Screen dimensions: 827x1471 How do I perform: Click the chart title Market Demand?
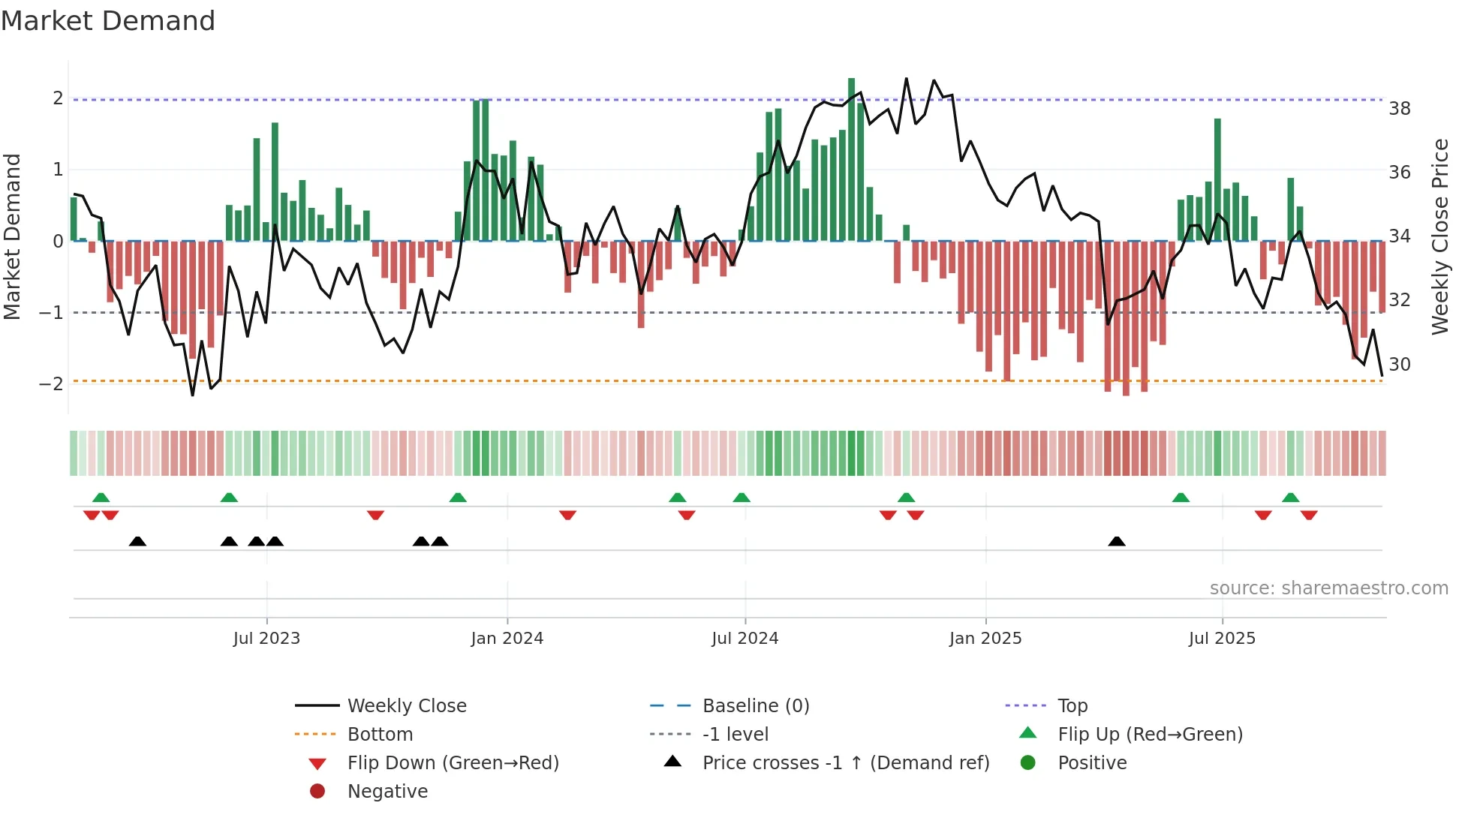click(108, 21)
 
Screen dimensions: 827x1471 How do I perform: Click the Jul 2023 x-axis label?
click(266, 639)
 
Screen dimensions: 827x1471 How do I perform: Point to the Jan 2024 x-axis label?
click(507, 639)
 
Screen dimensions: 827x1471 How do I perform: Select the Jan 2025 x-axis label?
click(985, 639)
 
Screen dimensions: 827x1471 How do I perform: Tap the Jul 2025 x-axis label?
click(1222, 639)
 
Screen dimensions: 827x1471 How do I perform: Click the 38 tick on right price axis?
click(1400, 109)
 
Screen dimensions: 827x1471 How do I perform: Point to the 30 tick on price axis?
click(1400, 365)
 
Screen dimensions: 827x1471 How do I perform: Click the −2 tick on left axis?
click(51, 384)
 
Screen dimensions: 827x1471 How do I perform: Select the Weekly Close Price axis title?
click(1439, 236)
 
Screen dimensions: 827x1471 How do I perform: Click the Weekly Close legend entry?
click(406, 706)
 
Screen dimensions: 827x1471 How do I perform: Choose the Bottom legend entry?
click(380, 735)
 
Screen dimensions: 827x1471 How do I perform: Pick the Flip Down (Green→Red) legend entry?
click(453, 763)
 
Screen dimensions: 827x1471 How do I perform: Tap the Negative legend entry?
click(387, 792)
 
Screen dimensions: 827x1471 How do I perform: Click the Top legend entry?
click(1072, 706)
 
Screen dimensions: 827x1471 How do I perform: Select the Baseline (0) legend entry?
click(756, 706)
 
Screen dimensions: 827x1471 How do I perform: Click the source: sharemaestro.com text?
click(1328, 588)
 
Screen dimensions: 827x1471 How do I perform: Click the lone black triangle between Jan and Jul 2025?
click(1117, 541)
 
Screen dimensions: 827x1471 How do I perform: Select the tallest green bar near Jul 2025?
click(1217, 180)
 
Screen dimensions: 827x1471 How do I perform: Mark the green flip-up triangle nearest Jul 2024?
click(742, 498)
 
